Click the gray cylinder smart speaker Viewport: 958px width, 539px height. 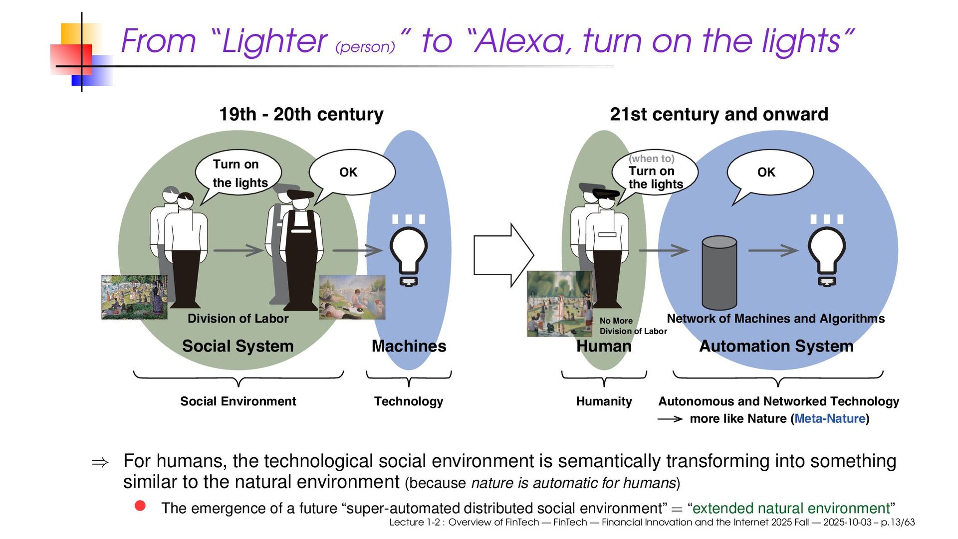pyautogui.click(x=719, y=273)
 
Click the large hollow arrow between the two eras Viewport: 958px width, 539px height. pyautogui.click(x=503, y=255)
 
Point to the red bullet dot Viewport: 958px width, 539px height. pyautogui.click(x=140, y=506)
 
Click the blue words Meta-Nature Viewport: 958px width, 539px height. pyautogui.click(x=829, y=419)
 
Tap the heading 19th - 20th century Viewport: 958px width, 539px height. pyautogui.click(x=301, y=114)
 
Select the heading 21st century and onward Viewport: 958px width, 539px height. pyautogui.click(x=718, y=114)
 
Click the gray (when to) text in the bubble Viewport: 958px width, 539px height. pyautogui.click(x=651, y=159)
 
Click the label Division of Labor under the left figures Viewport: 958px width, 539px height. pyautogui.click(x=238, y=319)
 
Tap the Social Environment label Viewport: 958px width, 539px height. pyautogui.click(x=238, y=401)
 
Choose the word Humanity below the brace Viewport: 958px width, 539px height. pyautogui.click(x=604, y=401)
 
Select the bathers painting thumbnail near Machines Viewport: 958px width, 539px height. pyautogui.click(x=352, y=297)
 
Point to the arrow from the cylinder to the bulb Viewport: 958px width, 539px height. pyautogui.click(x=773, y=250)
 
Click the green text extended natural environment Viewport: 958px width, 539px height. pyautogui.click(x=791, y=509)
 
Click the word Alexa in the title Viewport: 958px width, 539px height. pyautogui.click(x=521, y=41)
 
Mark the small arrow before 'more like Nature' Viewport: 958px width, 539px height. pyautogui.click(x=670, y=419)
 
